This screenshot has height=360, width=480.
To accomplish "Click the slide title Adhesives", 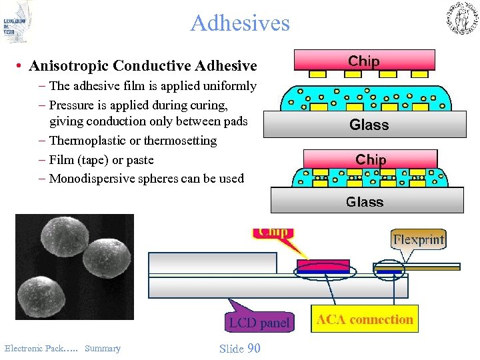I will (x=240, y=23).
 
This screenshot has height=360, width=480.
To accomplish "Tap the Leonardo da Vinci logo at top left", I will (x=17, y=22).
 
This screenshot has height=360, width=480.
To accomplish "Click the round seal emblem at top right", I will (x=461, y=18).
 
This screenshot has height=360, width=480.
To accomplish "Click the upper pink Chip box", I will (x=364, y=61).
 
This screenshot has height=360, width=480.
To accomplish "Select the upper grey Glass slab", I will (x=369, y=124).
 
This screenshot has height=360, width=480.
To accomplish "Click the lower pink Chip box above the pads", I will (x=370, y=159).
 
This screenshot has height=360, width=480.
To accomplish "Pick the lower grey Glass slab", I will (x=366, y=201).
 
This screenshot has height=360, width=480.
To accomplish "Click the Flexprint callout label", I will (x=419, y=239).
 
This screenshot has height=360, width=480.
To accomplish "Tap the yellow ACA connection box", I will (x=365, y=319).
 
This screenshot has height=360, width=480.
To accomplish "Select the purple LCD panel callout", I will (x=259, y=323).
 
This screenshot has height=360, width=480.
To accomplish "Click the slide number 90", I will (x=253, y=348).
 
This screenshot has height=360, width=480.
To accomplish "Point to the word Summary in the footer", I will (x=103, y=348).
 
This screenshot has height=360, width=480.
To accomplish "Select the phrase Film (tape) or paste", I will (x=101, y=160).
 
